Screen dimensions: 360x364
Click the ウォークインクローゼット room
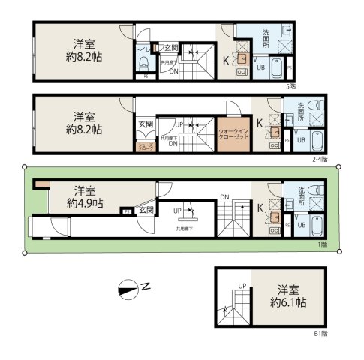[233, 133]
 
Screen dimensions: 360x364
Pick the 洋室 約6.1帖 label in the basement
[290, 296]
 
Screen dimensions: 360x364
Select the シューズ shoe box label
[144, 147]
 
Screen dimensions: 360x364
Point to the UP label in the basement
[242, 286]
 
